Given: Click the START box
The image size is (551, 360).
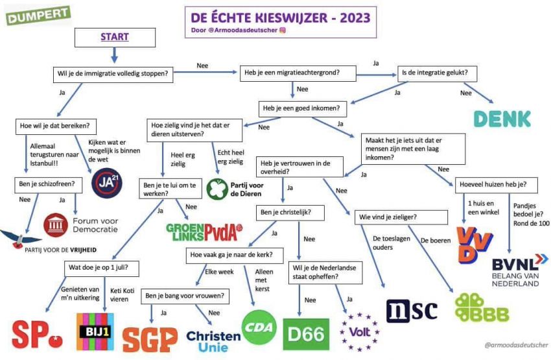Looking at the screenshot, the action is tap(115, 38).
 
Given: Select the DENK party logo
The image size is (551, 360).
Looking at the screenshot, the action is tap(502, 119).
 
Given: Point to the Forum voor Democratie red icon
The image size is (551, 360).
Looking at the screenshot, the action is tap(54, 225).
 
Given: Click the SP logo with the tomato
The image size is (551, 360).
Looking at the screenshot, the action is tap(36, 335).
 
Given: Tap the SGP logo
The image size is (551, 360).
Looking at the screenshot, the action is tap(150, 338).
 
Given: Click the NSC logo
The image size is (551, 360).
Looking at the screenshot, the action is tap(412, 311).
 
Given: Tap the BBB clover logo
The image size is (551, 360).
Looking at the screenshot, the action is tap(482, 307).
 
